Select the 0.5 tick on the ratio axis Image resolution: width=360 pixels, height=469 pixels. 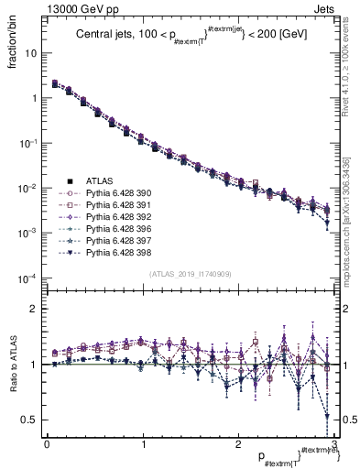pos(32,420)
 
